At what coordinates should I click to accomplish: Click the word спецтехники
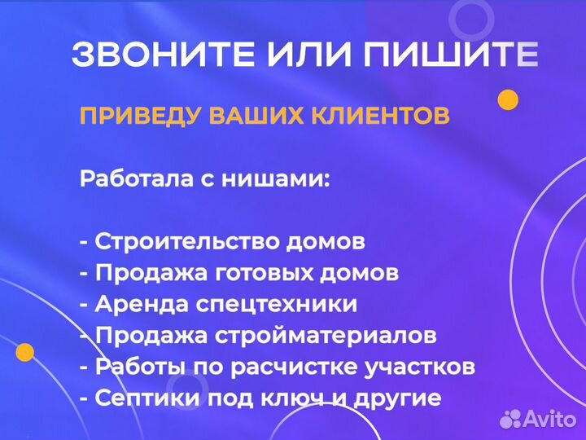268,305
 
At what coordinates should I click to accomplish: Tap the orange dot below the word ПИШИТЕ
508,100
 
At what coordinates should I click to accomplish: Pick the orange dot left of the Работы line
24,353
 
